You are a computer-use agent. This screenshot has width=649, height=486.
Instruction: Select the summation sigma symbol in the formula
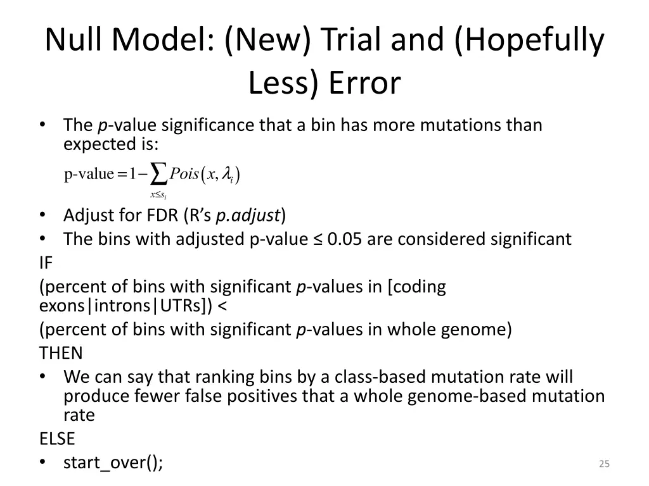160,174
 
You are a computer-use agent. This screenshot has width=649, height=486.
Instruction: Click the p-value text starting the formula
88,174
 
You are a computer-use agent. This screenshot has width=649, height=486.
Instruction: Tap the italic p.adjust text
248,216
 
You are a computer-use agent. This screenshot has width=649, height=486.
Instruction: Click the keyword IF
46,263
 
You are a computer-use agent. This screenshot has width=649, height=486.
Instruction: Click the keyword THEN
61,352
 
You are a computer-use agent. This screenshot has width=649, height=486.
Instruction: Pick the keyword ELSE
57,439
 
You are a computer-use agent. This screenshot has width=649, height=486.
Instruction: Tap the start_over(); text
113,463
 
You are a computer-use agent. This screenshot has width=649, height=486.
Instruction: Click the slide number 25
603,464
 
